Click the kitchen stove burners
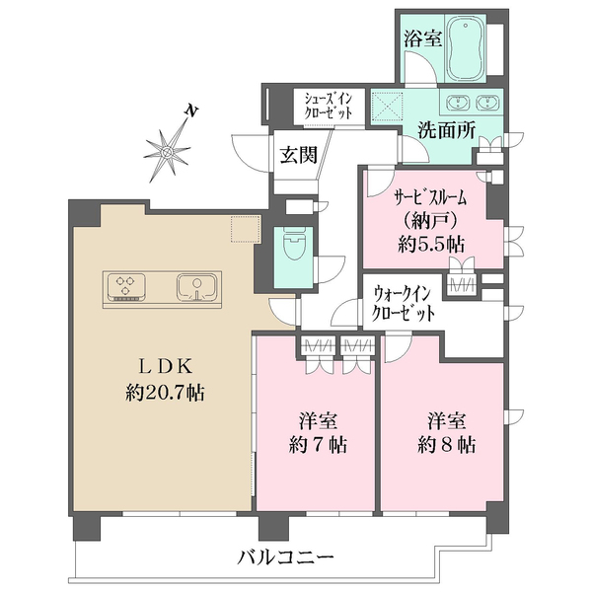[x=127, y=288]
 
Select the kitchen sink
[x=197, y=288]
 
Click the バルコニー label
[x=286, y=557]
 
